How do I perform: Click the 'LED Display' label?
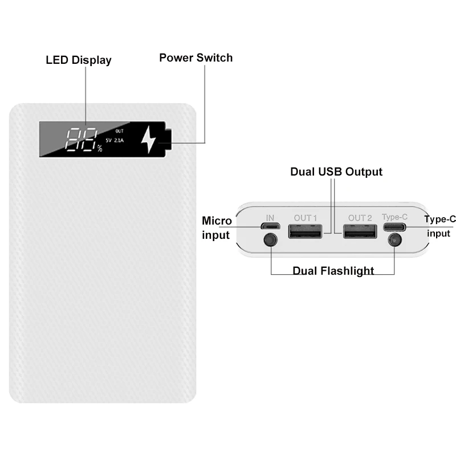[79, 60]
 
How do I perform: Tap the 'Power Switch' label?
[196, 58]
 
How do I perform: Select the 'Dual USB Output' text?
[336, 172]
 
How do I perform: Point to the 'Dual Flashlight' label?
[333, 270]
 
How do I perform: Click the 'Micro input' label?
[217, 228]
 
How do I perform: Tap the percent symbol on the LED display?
[100, 149]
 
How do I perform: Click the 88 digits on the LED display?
[80, 139]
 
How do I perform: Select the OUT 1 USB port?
[306, 232]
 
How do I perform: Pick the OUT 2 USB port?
[360, 232]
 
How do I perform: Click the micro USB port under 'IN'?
[270, 226]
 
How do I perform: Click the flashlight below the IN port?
[270, 240]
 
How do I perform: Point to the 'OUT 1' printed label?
[306, 218]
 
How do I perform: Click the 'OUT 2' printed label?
[360, 218]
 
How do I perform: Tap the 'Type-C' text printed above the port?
[394, 217]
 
